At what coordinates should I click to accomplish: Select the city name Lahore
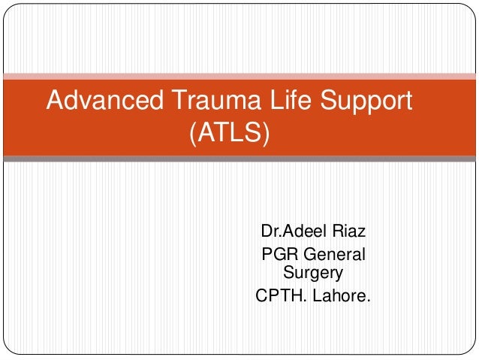click(339, 296)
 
